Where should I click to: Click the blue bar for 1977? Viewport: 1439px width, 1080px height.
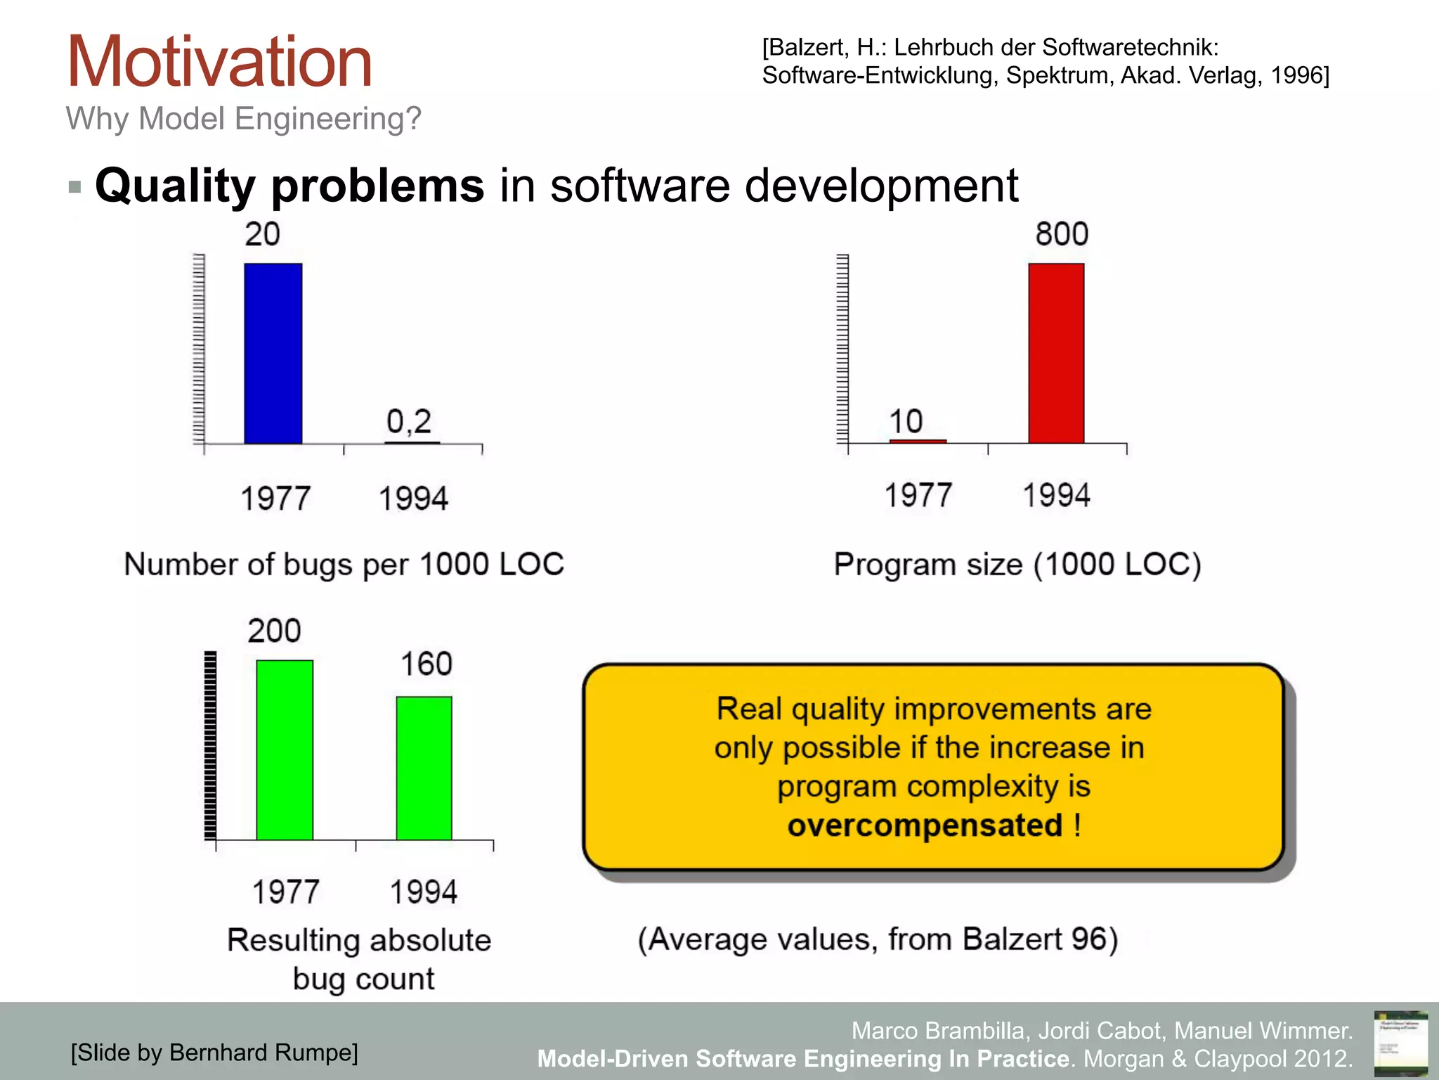pos(273,353)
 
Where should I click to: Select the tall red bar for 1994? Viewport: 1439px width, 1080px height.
pos(1056,353)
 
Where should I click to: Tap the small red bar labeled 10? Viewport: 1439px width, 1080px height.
pos(918,441)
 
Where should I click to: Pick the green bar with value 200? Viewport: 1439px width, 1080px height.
pos(285,750)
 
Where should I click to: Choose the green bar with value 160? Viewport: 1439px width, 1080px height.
pos(424,768)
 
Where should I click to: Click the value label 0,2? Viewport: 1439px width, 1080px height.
pos(409,422)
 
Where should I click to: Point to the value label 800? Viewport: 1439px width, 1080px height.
pos(1062,234)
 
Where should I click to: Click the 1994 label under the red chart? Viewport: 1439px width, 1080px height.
pos(1056,495)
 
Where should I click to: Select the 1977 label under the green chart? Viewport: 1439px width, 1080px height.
pos(285,892)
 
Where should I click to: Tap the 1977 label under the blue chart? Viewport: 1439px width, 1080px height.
pos(275,499)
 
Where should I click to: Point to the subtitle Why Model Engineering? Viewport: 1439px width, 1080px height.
pos(243,118)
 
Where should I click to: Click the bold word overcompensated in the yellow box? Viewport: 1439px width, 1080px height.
pos(924,825)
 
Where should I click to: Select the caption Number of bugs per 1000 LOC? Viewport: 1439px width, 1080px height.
pos(344,564)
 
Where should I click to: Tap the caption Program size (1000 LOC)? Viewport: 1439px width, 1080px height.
pos(1017,564)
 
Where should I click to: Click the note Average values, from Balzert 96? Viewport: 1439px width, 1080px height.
pos(878,939)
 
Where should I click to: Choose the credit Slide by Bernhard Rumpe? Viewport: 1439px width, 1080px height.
pos(214,1053)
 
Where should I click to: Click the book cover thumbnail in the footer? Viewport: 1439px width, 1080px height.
pos(1400,1043)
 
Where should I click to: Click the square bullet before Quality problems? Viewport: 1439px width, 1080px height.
pos(75,187)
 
